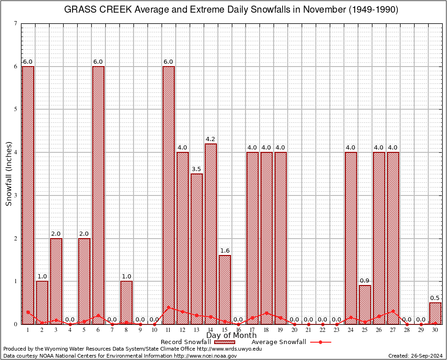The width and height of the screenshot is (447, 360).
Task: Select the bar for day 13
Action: (197, 248)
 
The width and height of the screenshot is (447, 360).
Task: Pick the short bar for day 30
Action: (435, 313)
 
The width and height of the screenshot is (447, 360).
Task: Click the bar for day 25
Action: (365, 304)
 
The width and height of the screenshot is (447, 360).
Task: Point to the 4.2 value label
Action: (211, 139)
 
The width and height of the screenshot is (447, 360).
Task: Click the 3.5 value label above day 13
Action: (197, 169)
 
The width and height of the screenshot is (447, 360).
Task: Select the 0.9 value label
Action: (365, 281)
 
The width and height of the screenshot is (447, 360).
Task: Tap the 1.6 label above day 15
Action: (225, 251)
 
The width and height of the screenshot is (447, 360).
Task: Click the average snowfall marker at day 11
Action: (169, 307)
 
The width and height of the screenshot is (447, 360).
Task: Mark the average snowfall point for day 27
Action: (393, 311)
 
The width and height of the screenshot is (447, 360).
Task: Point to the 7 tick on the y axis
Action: (16, 23)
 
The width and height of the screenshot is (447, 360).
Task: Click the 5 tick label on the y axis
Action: (16, 109)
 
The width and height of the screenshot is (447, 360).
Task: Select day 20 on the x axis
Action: (295, 330)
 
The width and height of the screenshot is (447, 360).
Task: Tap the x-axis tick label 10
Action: (155, 330)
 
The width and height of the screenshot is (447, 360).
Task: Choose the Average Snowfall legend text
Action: (279, 342)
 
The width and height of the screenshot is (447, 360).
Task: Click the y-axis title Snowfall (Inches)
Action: (8, 174)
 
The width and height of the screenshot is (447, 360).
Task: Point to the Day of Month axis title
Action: (231, 336)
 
